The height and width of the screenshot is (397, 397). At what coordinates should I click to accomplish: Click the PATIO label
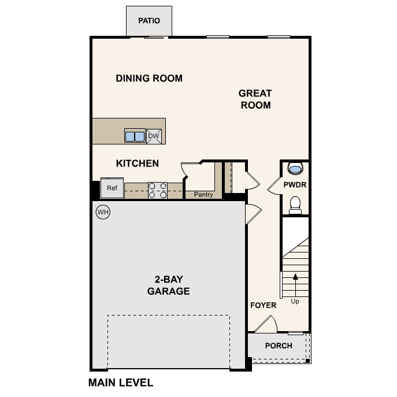(149, 21)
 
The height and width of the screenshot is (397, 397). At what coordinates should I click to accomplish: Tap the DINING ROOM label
(149, 78)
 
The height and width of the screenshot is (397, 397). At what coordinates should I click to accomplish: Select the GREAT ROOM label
(255, 99)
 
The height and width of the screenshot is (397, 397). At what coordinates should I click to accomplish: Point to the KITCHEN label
(138, 164)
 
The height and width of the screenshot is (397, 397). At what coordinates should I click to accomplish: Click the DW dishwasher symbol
(154, 136)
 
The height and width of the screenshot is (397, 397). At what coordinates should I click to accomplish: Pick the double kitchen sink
(135, 136)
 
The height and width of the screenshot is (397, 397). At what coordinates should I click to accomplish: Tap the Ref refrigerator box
(112, 188)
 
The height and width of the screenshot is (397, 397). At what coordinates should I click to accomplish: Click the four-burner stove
(158, 190)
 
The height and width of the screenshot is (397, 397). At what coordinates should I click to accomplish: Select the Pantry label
(203, 195)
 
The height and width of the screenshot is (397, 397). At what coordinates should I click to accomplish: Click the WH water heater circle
(103, 212)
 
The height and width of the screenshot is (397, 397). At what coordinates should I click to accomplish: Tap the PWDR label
(295, 185)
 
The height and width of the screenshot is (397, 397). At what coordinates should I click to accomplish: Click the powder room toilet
(295, 205)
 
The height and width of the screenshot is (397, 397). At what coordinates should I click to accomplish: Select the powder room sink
(295, 169)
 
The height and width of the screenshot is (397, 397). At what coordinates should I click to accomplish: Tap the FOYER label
(263, 305)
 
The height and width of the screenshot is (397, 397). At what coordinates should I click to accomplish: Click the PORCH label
(279, 346)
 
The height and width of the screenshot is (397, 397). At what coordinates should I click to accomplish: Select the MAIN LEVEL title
(121, 383)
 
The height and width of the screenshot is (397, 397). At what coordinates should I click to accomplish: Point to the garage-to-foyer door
(252, 215)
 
